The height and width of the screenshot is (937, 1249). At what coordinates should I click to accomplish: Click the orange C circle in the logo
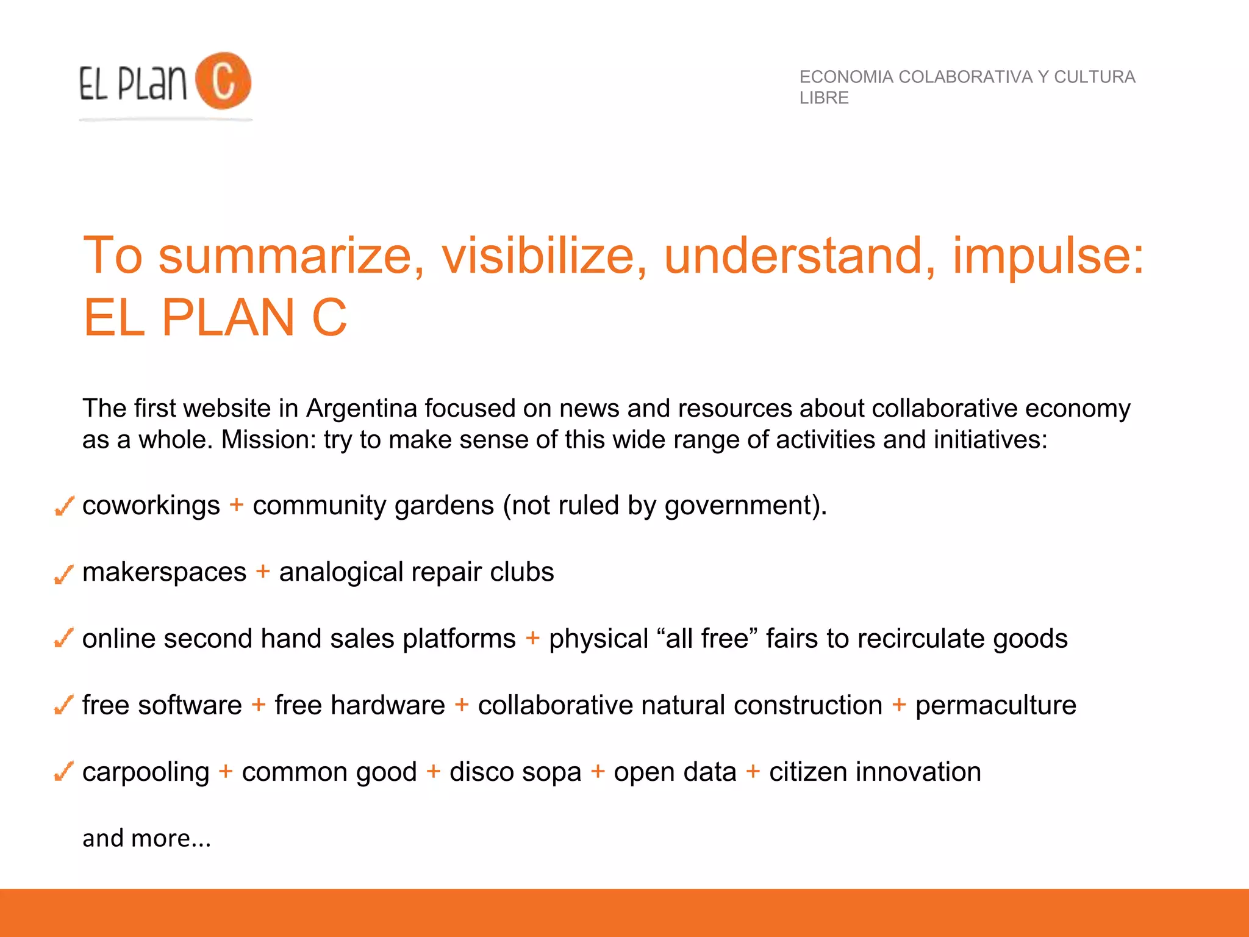(223, 81)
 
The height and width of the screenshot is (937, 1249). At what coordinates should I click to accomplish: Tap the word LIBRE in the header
(824, 98)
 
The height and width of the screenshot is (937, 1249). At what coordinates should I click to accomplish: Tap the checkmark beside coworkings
(64, 506)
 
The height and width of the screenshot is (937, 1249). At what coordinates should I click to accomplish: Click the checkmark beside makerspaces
(64, 573)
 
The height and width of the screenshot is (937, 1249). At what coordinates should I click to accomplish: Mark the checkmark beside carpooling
(64, 772)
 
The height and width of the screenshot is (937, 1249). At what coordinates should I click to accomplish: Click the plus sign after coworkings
(236, 505)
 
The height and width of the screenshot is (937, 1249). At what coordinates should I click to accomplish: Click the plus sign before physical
(532, 638)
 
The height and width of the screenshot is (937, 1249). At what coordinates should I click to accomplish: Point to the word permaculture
(995, 705)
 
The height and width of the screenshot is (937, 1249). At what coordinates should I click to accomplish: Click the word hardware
(388, 705)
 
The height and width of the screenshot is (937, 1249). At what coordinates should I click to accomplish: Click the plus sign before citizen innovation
(753, 772)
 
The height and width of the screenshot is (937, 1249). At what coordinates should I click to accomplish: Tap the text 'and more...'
(146, 838)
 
